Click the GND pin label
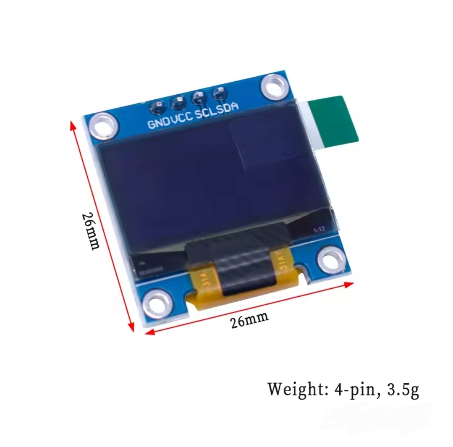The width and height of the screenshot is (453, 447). pyautogui.click(x=159, y=122)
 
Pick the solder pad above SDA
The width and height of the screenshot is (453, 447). pyautogui.click(x=218, y=94)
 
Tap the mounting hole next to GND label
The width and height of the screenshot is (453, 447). pyautogui.click(x=102, y=126)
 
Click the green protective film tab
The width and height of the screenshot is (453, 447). pyautogui.click(x=336, y=121)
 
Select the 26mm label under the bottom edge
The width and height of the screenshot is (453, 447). pyautogui.click(x=249, y=321)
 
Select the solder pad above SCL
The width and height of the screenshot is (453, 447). pyautogui.click(x=198, y=98)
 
